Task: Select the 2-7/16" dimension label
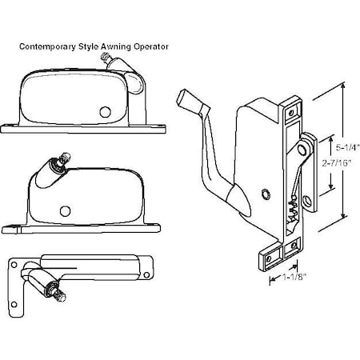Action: point(336,163)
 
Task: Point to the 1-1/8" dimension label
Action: point(294,278)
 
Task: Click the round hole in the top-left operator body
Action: point(105,112)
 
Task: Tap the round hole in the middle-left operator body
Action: point(65,211)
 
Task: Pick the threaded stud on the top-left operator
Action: point(105,58)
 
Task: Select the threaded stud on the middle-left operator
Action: point(64,158)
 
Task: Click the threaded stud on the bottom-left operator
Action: point(59,295)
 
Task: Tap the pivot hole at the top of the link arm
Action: point(302,150)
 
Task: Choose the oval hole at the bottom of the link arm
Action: point(307,200)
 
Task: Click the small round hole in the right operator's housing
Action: point(266,194)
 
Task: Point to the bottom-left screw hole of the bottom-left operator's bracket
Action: point(14,304)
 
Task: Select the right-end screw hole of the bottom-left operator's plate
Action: point(146,275)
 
